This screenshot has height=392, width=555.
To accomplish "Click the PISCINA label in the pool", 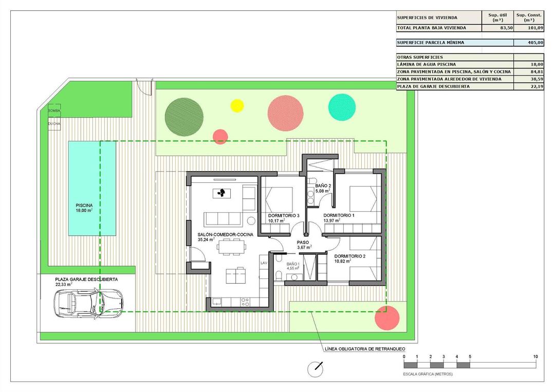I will (82, 204).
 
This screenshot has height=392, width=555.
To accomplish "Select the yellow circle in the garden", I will (237, 105).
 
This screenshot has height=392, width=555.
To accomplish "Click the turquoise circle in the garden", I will (342, 107).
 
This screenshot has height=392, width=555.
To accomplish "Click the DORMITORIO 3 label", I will (284, 215).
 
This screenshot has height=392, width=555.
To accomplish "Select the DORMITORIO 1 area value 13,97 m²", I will (332, 221).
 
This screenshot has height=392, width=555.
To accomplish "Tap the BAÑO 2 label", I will (323, 185).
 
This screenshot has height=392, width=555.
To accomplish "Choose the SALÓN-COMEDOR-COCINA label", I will (225, 234).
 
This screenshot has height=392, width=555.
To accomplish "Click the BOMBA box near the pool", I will (54, 111).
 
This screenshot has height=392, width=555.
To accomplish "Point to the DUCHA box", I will (54, 124).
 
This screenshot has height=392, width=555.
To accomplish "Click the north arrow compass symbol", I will (315, 369).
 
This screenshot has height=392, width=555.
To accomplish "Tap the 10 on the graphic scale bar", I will (535, 357).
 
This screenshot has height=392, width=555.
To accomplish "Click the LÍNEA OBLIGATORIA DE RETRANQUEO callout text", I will (361, 349).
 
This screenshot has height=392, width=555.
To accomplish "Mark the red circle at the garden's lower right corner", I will (387, 318).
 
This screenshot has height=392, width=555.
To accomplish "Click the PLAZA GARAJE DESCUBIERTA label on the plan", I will (86, 279).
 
